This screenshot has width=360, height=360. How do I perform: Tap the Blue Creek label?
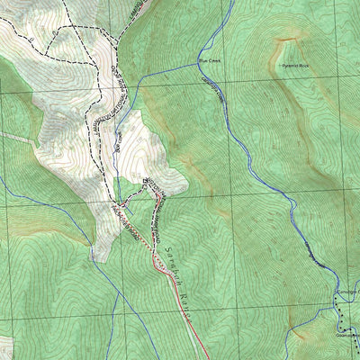click(x=209, y=61)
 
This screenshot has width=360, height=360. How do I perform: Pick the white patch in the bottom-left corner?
click(x=4, y=346)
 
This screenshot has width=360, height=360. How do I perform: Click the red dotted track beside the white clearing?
click(x=160, y=262)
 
